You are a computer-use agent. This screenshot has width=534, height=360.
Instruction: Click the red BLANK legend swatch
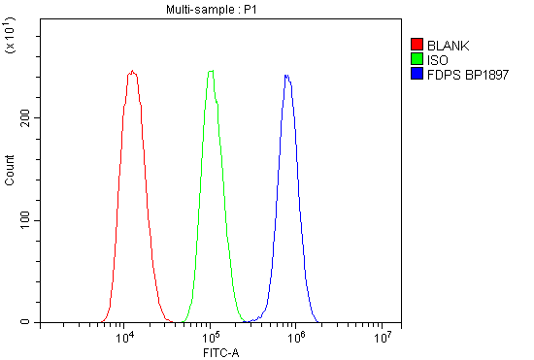[x=417, y=45]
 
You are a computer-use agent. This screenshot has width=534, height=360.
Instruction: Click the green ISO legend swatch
[x=417, y=58]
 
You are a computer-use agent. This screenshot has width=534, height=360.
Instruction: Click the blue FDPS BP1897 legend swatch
[x=417, y=73]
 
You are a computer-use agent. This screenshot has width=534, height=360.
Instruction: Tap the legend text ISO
[x=436, y=58]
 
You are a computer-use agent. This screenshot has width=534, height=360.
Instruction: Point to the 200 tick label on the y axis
[x=23, y=117]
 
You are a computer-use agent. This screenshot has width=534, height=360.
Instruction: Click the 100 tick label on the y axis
[x=23, y=220]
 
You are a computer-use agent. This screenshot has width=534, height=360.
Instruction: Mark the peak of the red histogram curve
[x=132, y=71]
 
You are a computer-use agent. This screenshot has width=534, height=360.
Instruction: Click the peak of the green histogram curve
[x=211, y=71]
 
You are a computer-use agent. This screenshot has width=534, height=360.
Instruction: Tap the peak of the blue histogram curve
[x=286, y=75]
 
